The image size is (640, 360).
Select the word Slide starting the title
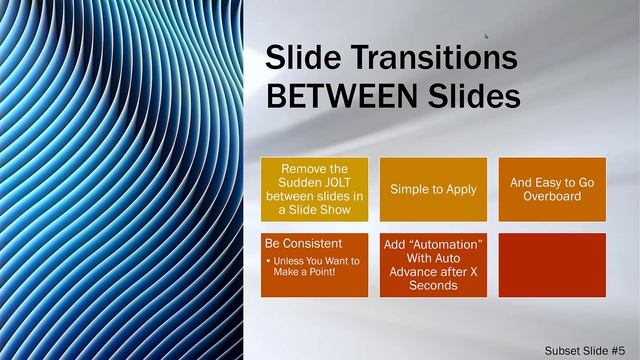tap(297, 59)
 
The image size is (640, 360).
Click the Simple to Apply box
tap(433, 189)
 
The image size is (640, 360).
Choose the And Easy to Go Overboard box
tap(551, 189)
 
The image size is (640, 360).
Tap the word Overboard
tap(551, 197)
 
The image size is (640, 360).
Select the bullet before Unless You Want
tap(268, 261)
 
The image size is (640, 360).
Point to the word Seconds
tap(433, 286)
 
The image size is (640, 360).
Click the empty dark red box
tap(551, 265)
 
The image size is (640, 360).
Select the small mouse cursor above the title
tap(486, 36)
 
